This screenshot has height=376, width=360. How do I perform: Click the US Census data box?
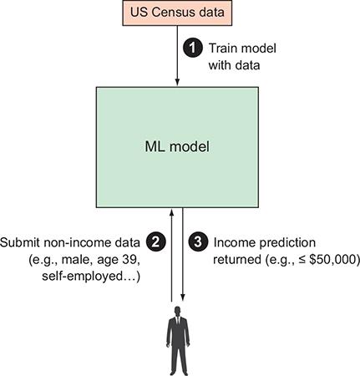pos(177,13)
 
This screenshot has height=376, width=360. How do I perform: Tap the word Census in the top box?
pos(173,13)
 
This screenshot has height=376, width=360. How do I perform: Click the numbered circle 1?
pos(193,48)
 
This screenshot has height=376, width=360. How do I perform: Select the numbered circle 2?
pos(156,241)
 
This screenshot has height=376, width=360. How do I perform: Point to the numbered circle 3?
pos(198,241)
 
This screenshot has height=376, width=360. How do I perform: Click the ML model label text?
pos(177,147)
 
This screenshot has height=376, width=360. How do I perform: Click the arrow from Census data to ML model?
pos(177,56)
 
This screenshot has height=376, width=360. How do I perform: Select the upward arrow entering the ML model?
pos(171,255)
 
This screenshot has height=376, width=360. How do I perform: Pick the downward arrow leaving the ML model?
pos(183,254)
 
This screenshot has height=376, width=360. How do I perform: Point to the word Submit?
pos(20,242)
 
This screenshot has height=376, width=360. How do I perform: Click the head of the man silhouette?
pos(178,311)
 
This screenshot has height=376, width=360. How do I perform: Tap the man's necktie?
pos(178,323)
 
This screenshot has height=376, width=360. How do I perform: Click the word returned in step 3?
pos(237,260)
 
